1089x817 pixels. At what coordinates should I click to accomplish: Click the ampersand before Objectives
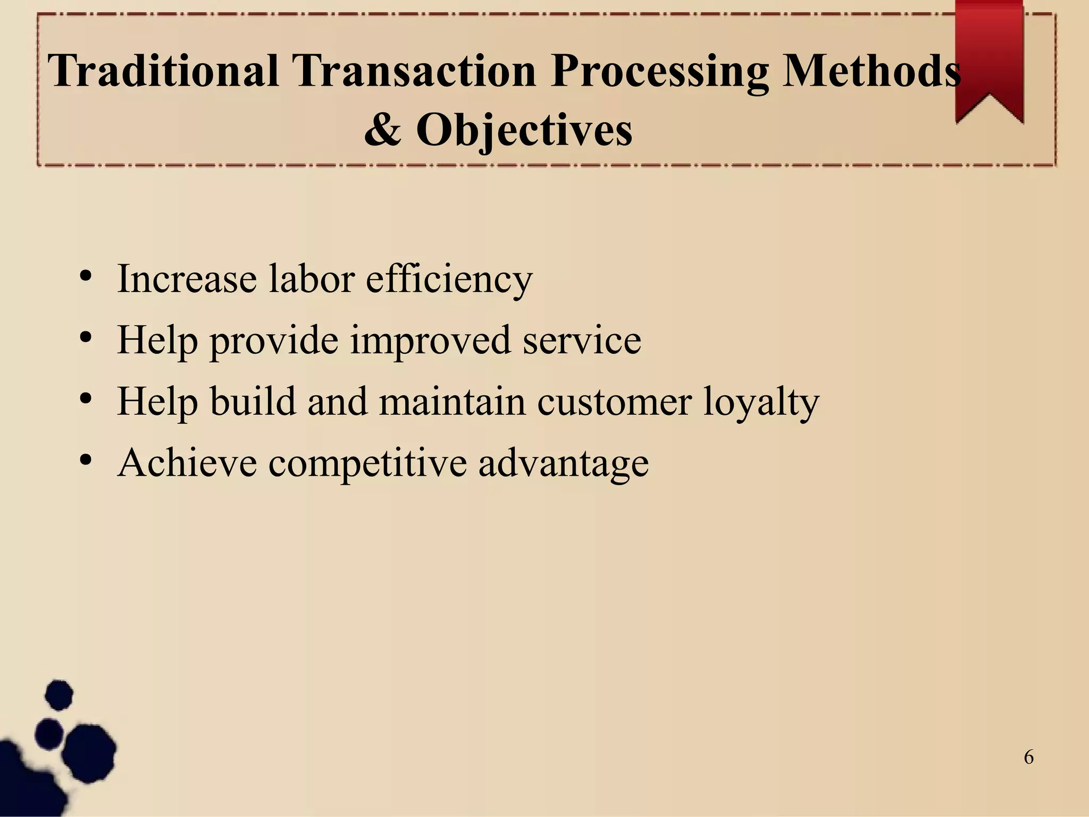click(382, 130)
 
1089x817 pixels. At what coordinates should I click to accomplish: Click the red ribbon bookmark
click(989, 59)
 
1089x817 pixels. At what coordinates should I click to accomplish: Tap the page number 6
click(1029, 757)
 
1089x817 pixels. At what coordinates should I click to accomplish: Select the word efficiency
click(449, 279)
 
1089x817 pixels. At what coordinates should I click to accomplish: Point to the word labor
click(311, 279)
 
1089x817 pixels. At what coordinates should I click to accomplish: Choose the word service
click(582, 340)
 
